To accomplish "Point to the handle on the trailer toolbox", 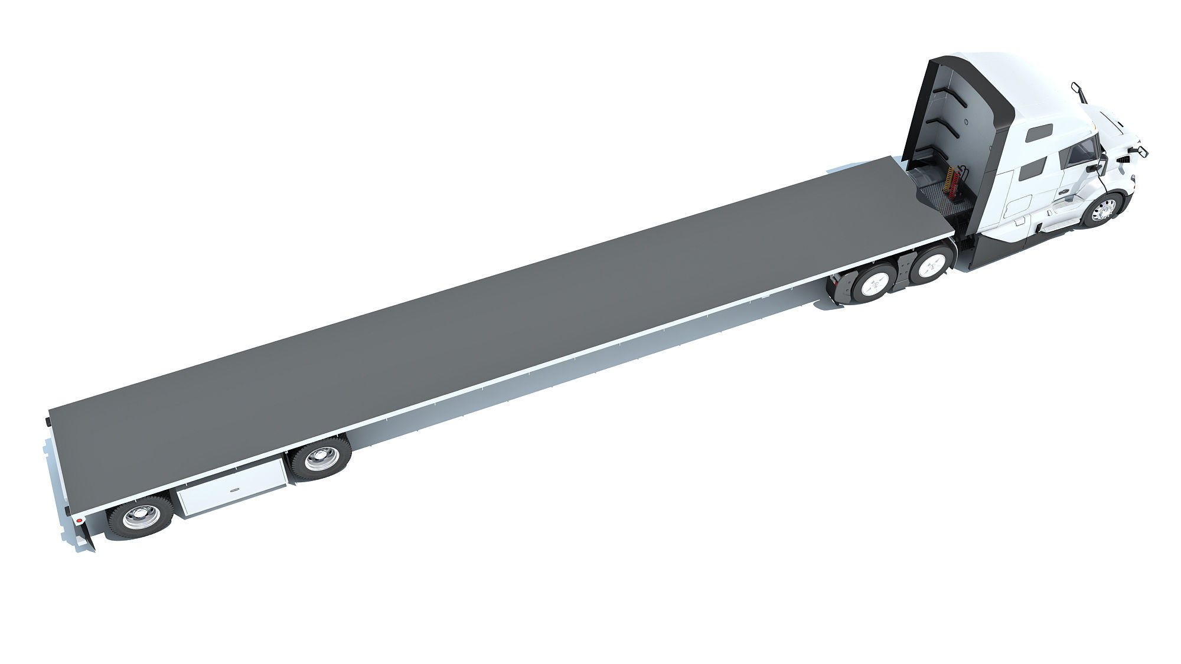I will click(x=235, y=489).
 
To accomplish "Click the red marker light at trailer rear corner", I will click(x=78, y=521).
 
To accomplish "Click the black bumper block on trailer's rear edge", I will click(x=47, y=422).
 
